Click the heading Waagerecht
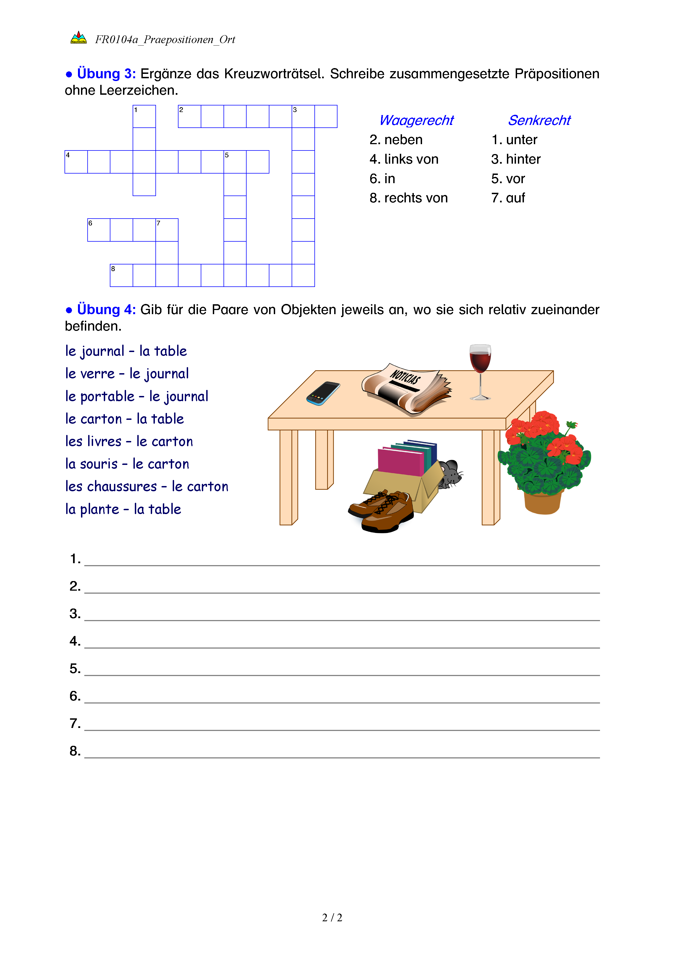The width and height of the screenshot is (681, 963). tap(416, 120)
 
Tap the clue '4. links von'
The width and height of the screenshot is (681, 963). tap(404, 159)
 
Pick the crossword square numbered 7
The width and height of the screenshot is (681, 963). tap(167, 230)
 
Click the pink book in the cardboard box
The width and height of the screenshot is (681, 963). tap(400, 461)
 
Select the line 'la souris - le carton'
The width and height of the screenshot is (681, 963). tap(127, 464)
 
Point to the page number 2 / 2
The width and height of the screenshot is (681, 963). tap(332, 918)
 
